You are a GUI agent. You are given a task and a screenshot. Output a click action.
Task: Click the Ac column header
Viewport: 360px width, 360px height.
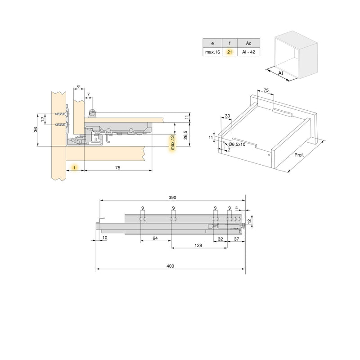point(248,43)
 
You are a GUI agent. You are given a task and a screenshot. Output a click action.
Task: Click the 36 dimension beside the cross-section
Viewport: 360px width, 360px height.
point(36,130)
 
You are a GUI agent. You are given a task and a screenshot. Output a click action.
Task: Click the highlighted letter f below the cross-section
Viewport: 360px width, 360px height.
point(75,167)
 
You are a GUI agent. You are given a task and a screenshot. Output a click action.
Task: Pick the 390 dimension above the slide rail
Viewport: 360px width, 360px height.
point(172,197)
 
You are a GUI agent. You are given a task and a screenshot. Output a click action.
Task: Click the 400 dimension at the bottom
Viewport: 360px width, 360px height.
point(170,266)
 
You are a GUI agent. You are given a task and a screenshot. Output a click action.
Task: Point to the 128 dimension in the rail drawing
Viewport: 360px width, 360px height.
point(198,246)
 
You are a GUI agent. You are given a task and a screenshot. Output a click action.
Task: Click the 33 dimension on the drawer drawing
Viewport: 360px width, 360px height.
point(227,116)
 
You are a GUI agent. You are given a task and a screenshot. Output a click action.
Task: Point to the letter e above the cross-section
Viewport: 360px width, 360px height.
point(78,85)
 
